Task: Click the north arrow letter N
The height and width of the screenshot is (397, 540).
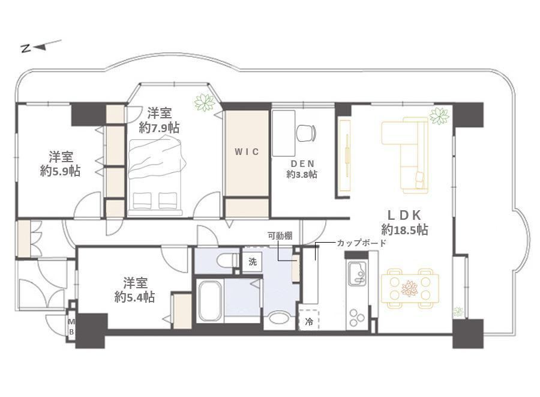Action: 26,49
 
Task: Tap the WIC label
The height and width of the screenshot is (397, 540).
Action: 247,151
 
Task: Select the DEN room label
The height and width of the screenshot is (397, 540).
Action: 302,164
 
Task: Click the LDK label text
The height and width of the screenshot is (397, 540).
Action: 404,215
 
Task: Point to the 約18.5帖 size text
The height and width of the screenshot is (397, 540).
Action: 404,229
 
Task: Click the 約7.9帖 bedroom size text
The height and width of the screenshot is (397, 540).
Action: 159,128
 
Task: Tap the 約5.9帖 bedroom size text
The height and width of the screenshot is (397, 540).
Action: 60,171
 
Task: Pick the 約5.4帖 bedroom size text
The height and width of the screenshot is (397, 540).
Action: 134,297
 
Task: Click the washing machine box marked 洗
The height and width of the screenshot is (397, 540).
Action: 253,262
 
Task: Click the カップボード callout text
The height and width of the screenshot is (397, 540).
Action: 362,243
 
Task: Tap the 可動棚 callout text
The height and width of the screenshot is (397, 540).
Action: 280,236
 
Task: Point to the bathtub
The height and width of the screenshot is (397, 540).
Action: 210,301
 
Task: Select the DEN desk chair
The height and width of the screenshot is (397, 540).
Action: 306,133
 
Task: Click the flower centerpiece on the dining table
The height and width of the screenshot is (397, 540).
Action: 409,288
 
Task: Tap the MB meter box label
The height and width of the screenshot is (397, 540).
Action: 71,327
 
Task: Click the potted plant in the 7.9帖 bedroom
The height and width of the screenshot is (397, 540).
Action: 205,103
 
